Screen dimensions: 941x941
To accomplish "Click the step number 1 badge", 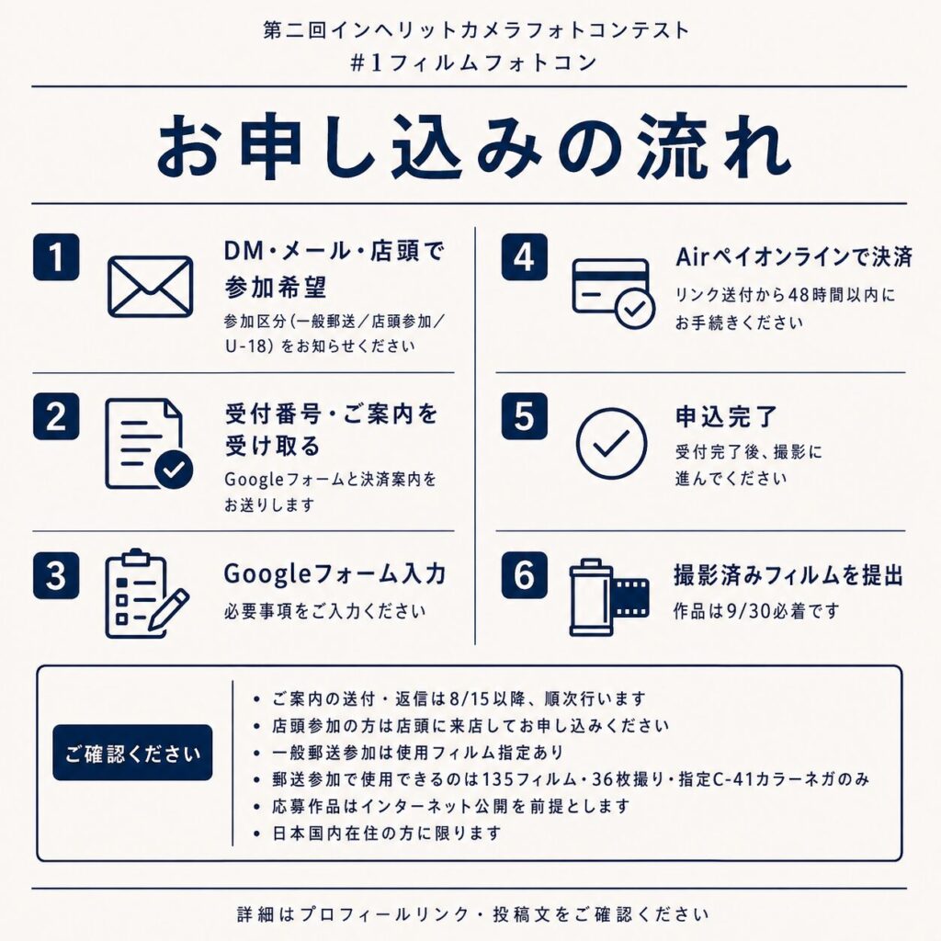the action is pos(56,257).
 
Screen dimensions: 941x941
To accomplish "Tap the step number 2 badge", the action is pos(56,416).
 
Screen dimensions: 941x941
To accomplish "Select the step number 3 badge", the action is pos(56,575).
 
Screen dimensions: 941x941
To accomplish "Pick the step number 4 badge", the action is pos(524,257).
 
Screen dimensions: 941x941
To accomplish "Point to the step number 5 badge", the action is pos(524,416).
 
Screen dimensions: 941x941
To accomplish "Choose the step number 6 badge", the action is pos(524,575).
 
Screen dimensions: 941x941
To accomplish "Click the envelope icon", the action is pos(150,287).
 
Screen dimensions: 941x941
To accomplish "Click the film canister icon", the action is pos(608,597).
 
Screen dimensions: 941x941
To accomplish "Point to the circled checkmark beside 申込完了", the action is pos(611,444).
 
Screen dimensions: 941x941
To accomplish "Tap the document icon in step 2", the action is pos(149,444).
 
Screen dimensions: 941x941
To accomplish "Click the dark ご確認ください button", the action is pos(132,753).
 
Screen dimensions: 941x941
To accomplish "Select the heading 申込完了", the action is pos(726,416).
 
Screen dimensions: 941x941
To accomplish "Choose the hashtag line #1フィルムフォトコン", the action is pos(473,62).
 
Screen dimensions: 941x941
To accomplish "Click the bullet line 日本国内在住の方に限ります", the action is pos(387,833).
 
